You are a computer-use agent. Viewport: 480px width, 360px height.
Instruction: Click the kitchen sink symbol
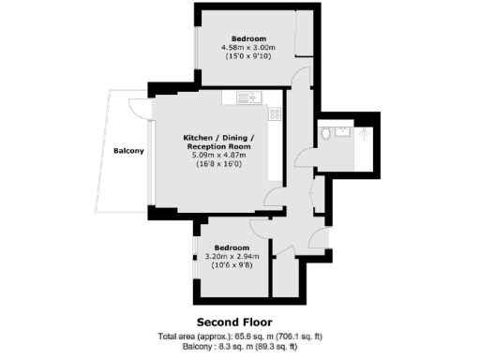tap(249, 96)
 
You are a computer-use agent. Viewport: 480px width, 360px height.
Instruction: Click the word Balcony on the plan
tap(128, 151)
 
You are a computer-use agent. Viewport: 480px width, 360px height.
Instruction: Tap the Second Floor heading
tap(239, 321)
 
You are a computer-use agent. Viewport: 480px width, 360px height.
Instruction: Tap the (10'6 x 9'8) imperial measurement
tap(230, 265)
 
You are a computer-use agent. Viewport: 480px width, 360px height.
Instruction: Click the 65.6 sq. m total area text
tap(239, 336)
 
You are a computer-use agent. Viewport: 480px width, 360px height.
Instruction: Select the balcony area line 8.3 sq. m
tap(239, 346)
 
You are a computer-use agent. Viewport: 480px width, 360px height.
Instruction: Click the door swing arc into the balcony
tap(138, 109)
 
